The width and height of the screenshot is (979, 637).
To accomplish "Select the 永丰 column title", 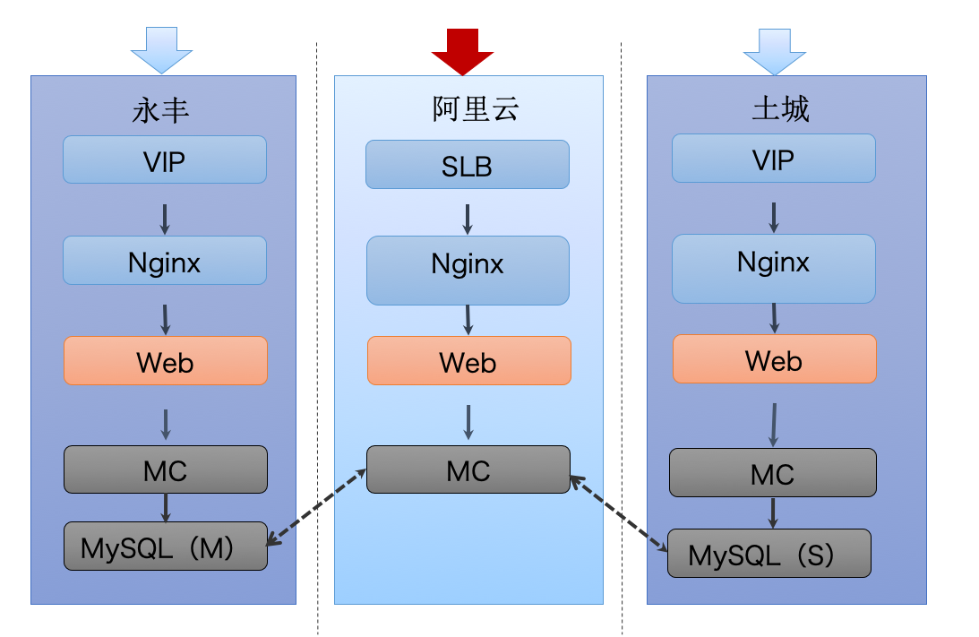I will (161, 111).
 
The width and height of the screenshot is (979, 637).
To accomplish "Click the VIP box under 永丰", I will (165, 159).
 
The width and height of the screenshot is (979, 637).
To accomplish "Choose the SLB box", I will (468, 165).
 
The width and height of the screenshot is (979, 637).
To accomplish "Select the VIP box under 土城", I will (774, 159).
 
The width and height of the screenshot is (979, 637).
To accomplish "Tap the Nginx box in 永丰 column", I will (165, 261).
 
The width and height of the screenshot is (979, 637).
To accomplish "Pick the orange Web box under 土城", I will (775, 359).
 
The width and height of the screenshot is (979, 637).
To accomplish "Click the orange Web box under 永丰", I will (166, 361).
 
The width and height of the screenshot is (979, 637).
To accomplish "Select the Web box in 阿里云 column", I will (468, 361).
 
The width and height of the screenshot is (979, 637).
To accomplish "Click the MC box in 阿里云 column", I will (468, 469).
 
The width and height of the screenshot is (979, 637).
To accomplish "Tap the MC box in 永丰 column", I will (166, 469).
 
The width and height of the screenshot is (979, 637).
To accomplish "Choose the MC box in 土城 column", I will (773, 473).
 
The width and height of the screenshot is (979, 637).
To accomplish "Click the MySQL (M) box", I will (166, 547).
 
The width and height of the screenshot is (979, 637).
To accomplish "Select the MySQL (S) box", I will (769, 554).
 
